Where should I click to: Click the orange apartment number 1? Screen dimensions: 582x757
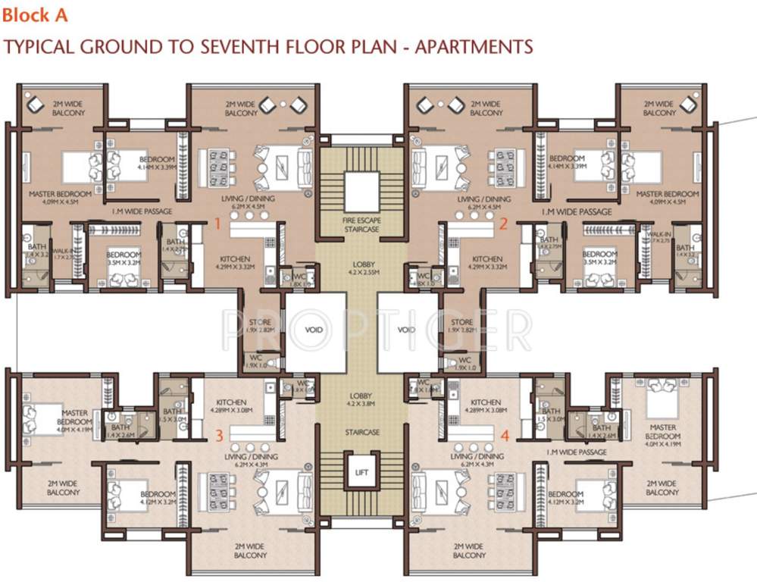[217, 224]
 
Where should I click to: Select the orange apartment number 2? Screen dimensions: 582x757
[502, 224]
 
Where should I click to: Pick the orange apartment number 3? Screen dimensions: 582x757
[219, 435]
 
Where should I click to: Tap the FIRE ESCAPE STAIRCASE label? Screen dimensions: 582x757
[361, 224]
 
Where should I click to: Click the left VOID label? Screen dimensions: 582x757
[313, 330]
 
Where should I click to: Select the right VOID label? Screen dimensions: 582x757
[406, 330]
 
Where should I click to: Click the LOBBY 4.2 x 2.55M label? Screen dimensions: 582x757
[361, 268]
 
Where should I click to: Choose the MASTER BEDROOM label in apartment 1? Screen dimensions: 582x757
[60, 194]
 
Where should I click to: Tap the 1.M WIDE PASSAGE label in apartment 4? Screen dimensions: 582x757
[575, 452]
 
